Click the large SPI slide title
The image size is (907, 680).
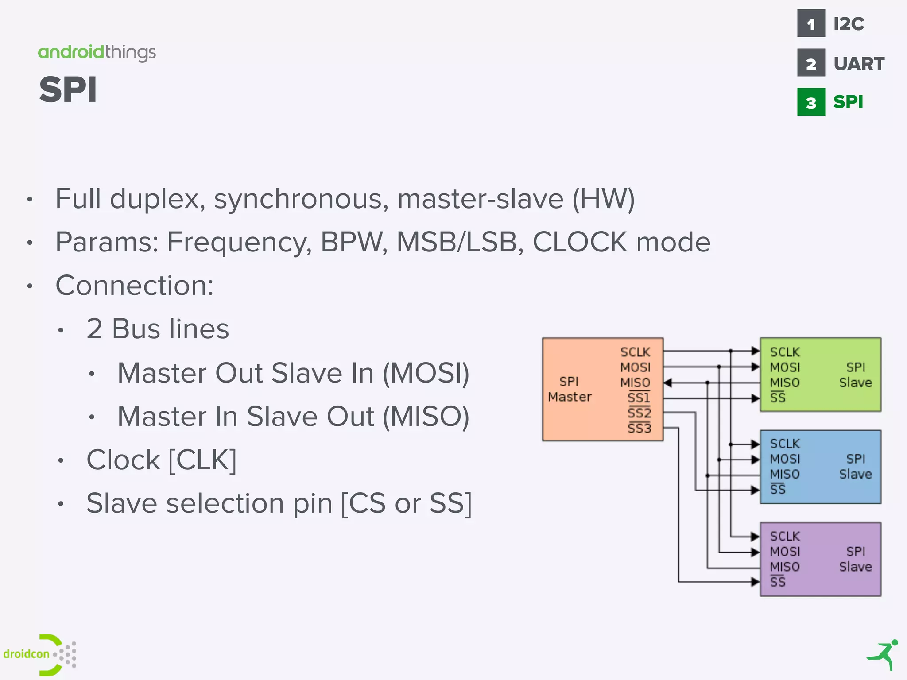68,90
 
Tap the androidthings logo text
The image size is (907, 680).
97,53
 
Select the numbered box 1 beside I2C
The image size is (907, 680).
810,23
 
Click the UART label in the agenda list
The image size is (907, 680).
858,64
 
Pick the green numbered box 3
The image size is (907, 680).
810,102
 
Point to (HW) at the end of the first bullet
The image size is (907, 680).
603,199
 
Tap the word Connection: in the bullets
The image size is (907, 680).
135,286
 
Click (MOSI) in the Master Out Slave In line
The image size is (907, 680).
426,373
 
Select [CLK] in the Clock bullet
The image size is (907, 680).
202,460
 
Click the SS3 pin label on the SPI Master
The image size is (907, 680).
639,428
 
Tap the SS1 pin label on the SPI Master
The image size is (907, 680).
639,398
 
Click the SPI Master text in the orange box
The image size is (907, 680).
570,389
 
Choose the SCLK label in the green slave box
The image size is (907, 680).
785,352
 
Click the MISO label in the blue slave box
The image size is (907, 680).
785,475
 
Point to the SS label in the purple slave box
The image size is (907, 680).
778,582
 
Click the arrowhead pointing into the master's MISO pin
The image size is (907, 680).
668,382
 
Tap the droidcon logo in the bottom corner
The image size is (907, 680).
40,654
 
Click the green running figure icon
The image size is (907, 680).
883,655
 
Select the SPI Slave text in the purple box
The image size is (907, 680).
855,559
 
